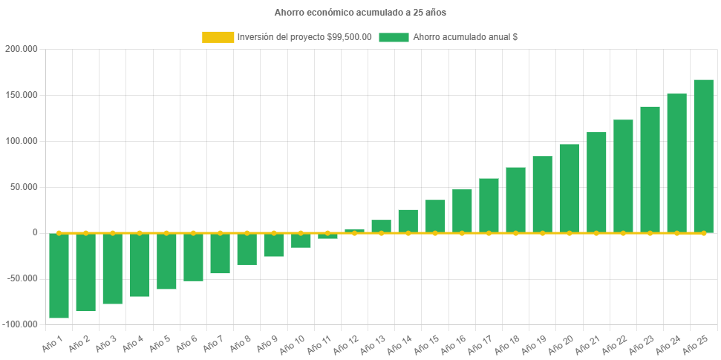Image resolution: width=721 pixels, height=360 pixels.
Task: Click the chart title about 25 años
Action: tap(360, 13)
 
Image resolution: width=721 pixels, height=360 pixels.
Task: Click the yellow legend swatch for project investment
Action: tap(218, 37)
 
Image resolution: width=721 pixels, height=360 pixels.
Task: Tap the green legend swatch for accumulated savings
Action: tap(394, 37)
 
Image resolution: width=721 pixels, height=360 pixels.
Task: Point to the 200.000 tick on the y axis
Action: tap(22, 49)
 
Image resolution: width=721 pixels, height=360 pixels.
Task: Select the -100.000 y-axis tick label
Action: tap(19, 324)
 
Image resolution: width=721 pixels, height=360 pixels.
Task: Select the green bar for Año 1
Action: tap(59, 275)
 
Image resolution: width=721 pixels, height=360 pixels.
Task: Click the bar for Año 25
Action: tap(703, 156)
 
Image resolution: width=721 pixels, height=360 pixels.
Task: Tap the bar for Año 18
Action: tap(515, 200)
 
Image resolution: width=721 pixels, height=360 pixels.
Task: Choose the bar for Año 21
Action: tap(596, 183)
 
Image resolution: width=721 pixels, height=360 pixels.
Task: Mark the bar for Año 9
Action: tap(274, 245)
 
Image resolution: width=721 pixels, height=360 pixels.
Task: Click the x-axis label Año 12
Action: tap(347, 344)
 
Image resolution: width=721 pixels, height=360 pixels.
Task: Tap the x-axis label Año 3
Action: tap(105, 342)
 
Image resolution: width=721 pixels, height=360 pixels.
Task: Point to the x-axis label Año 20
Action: tap(561, 344)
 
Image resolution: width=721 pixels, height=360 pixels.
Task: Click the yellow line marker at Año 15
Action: tap(435, 233)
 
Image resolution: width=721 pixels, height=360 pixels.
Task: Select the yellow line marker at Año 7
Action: tap(220, 233)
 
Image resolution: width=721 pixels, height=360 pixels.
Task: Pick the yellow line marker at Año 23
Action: tap(650, 233)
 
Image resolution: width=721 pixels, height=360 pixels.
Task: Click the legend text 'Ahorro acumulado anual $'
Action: tap(465, 37)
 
